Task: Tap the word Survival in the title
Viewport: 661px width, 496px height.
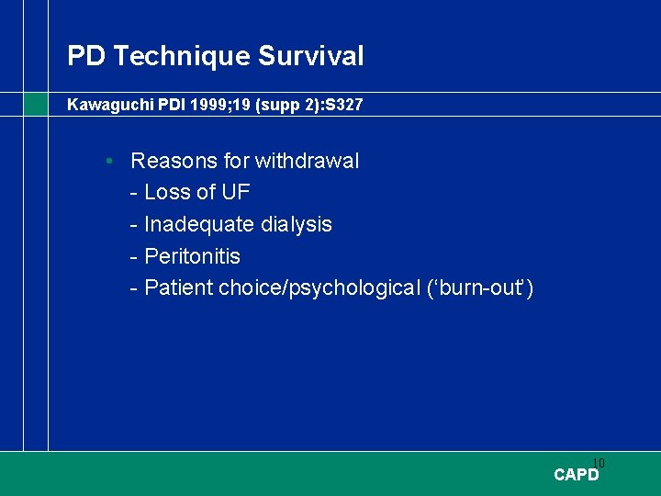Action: [x=310, y=57]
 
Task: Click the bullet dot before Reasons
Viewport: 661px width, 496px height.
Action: [x=109, y=162]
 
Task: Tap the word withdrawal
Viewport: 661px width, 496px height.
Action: [x=307, y=162]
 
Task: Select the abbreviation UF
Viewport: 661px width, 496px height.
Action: [x=236, y=193]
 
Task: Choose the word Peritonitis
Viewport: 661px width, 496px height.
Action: [x=192, y=256]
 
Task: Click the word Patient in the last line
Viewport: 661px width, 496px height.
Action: [x=179, y=288]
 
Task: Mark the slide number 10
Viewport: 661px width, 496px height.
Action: [x=599, y=463]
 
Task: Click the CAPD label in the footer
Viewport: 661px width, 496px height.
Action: [x=577, y=475]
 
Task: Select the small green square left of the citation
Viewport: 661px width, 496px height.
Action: [x=36, y=104]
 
